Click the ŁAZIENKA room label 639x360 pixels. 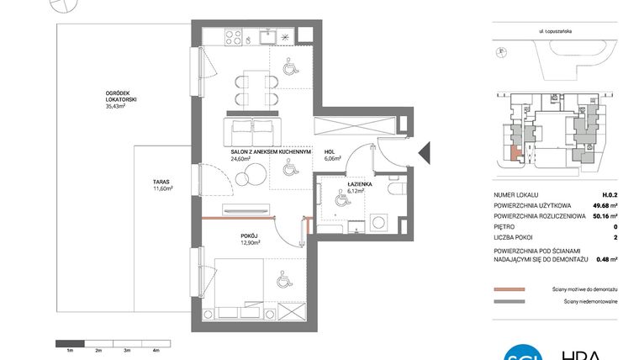click(x=362, y=187)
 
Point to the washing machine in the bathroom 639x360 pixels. click(x=378, y=221)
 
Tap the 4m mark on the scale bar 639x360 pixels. click(x=156, y=349)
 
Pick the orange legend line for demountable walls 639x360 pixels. click(x=509, y=288)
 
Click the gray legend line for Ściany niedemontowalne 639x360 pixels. click(x=509, y=301)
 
